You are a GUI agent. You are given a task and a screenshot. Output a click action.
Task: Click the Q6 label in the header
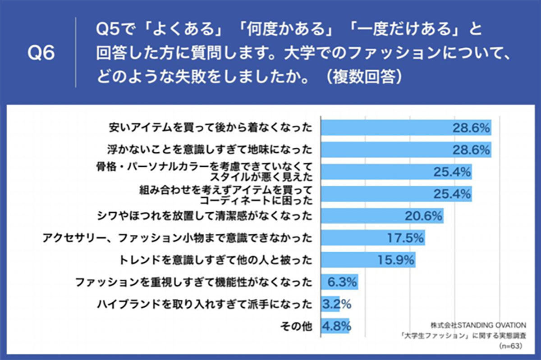[41, 53]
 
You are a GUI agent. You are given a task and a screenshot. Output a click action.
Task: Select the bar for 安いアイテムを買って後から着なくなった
[406, 128]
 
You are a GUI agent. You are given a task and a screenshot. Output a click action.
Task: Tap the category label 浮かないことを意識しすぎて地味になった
[210, 150]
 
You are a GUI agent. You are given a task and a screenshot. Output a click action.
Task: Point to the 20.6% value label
[423, 216]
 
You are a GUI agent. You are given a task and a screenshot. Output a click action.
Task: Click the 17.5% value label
[405, 238]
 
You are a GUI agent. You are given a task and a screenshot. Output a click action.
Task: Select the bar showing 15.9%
[368, 260]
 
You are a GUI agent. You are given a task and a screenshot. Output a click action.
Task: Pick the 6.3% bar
[339, 282]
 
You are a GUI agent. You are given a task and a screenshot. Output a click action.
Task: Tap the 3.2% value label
[337, 304]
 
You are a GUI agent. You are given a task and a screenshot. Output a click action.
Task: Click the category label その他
[296, 326]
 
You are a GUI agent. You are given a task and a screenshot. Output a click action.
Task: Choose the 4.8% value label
[337, 326]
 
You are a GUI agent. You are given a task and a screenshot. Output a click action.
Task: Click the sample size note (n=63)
[510, 346]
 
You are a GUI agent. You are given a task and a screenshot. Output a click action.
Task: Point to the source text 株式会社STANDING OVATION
[478, 325]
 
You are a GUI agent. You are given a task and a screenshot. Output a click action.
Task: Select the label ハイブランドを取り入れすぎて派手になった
[205, 304]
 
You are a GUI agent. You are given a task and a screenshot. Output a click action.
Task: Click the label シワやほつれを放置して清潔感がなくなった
[205, 216]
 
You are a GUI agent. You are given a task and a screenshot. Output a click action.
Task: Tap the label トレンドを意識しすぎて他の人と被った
[215, 260]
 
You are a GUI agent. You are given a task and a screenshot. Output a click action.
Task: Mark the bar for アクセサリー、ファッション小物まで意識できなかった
[373, 238]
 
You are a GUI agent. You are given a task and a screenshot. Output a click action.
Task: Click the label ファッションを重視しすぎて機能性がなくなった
[194, 282]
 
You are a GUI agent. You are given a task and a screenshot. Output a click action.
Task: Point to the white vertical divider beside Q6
[76, 52]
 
